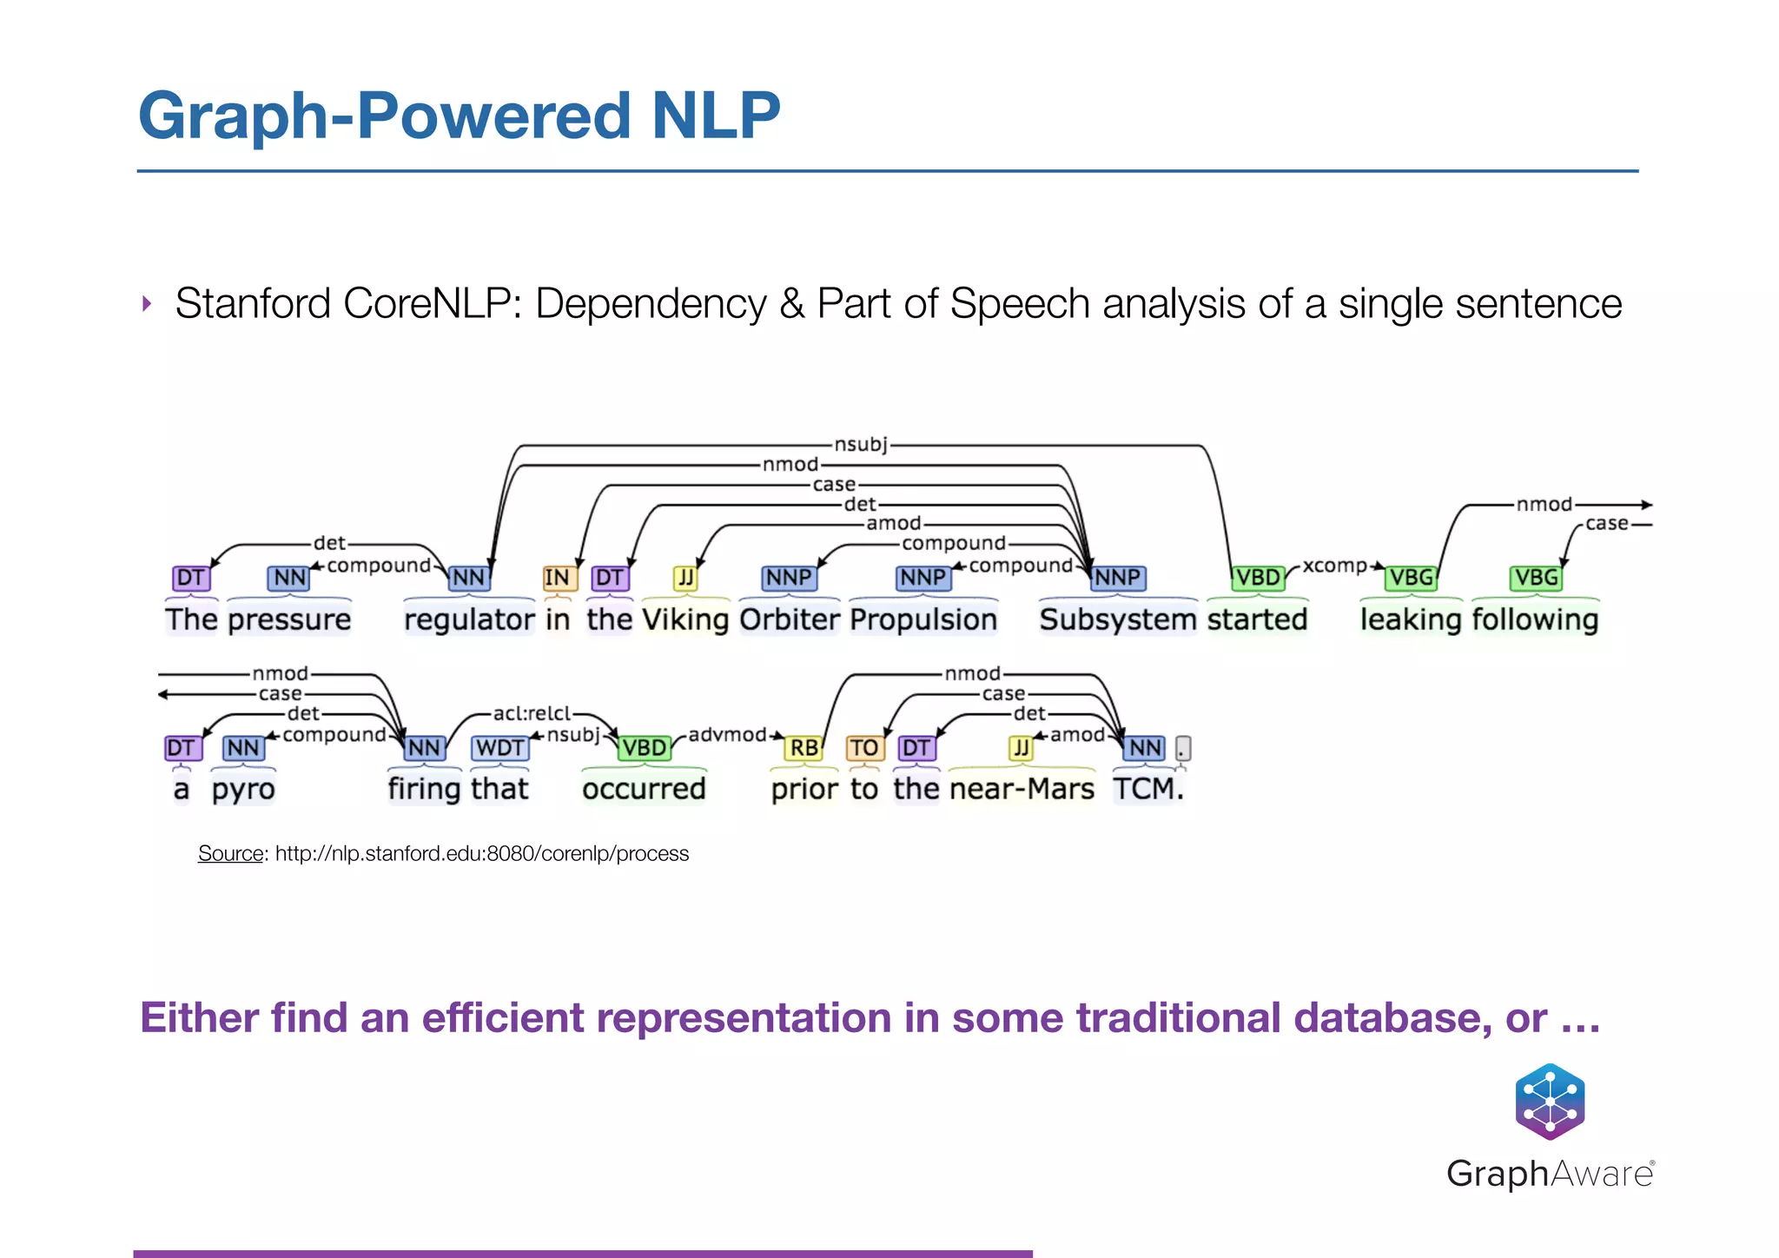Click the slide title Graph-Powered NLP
point(459,116)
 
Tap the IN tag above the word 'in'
point(557,578)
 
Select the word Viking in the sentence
point(685,619)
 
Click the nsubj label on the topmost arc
point(860,445)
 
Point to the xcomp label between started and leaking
point(1334,566)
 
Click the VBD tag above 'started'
point(1258,578)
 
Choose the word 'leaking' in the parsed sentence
point(1411,619)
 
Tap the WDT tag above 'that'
point(499,748)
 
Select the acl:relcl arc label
point(532,713)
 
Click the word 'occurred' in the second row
point(644,789)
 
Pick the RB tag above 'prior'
point(804,748)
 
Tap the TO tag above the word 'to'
point(863,748)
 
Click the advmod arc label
point(727,735)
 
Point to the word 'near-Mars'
point(1022,789)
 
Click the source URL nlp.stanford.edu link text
point(482,854)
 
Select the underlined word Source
point(230,854)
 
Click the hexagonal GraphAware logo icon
point(1550,1101)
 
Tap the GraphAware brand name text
point(1550,1174)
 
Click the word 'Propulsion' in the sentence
point(923,619)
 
